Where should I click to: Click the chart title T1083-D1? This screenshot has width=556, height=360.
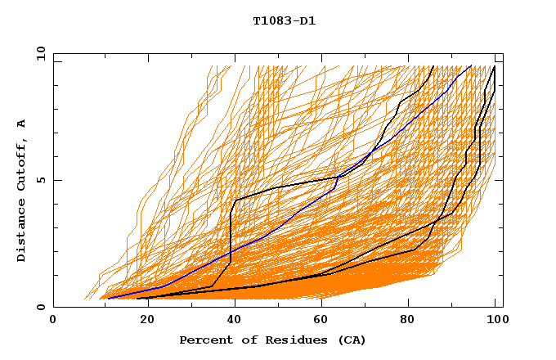click(x=284, y=20)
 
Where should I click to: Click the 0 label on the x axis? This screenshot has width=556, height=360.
click(x=54, y=320)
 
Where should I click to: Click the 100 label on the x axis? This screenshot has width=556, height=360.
click(x=495, y=320)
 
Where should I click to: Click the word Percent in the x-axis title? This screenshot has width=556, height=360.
click(x=204, y=340)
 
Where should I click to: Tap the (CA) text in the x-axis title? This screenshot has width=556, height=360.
click(x=350, y=340)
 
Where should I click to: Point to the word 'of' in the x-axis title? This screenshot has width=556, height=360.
click(x=244, y=340)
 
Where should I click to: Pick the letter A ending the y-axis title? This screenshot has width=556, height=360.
click(x=21, y=124)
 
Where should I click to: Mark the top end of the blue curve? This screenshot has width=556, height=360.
click(x=470, y=65)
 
